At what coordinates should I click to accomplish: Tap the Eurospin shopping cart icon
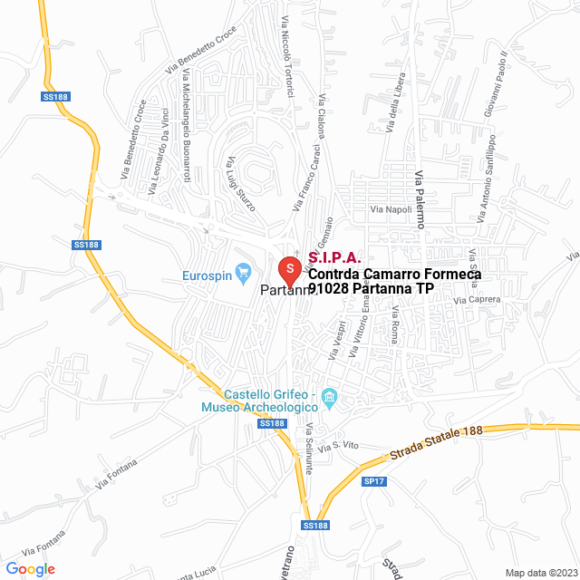tap(243, 271)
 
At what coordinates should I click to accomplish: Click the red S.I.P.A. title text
tap(334, 258)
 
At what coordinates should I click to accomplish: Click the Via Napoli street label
tap(391, 209)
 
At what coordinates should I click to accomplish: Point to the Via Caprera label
tap(477, 299)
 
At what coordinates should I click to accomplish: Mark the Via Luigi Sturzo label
tap(241, 182)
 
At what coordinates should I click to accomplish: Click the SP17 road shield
tap(373, 482)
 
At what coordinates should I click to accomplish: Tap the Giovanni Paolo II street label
tap(501, 87)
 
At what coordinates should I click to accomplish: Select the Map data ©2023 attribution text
tap(540, 573)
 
